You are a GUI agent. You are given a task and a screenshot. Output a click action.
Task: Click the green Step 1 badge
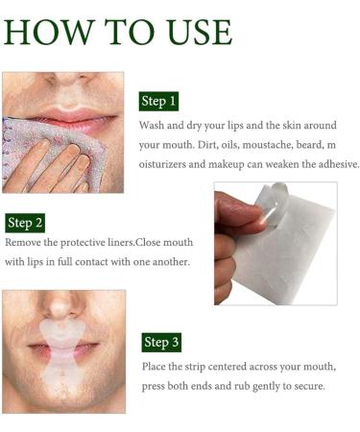159,101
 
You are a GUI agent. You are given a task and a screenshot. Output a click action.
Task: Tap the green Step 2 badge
26,223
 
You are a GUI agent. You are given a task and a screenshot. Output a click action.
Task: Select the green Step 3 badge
160,342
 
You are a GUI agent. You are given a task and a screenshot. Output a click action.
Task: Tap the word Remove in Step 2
25,244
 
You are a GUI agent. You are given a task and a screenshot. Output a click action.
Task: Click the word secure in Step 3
306,386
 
